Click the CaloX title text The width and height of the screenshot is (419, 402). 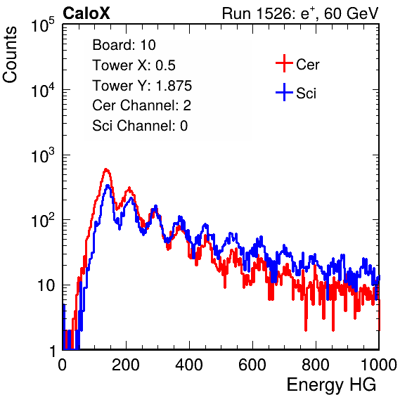click(x=86, y=13)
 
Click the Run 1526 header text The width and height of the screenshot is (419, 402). click(x=300, y=13)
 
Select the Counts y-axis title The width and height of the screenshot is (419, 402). click(x=10, y=55)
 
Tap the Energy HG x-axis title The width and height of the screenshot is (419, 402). click(x=331, y=385)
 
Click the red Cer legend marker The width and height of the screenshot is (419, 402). click(x=284, y=63)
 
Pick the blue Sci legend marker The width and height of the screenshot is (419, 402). click(x=284, y=92)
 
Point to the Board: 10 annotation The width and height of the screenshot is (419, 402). click(x=124, y=44)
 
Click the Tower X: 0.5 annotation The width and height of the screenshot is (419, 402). click(x=134, y=65)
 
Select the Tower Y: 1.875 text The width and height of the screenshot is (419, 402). click(x=142, y=86)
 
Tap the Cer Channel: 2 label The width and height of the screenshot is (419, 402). click(x=141, y=105)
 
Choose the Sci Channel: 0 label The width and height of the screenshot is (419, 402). click(x=140, y=126)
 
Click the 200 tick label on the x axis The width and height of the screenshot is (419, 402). click(x=126, y=365)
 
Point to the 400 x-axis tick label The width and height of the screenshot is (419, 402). click(x=189, y=365)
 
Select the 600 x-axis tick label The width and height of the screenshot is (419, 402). click(x=252, y=365)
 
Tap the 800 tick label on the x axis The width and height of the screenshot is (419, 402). click(x=316, y=365)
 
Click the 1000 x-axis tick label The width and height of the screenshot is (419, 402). click(x=379, y=365)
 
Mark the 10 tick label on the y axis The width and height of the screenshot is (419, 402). click(x=46, y=285)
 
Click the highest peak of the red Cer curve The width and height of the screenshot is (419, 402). click(x=106, y=169)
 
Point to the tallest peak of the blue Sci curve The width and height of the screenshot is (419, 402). click(x=108, y=186)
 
